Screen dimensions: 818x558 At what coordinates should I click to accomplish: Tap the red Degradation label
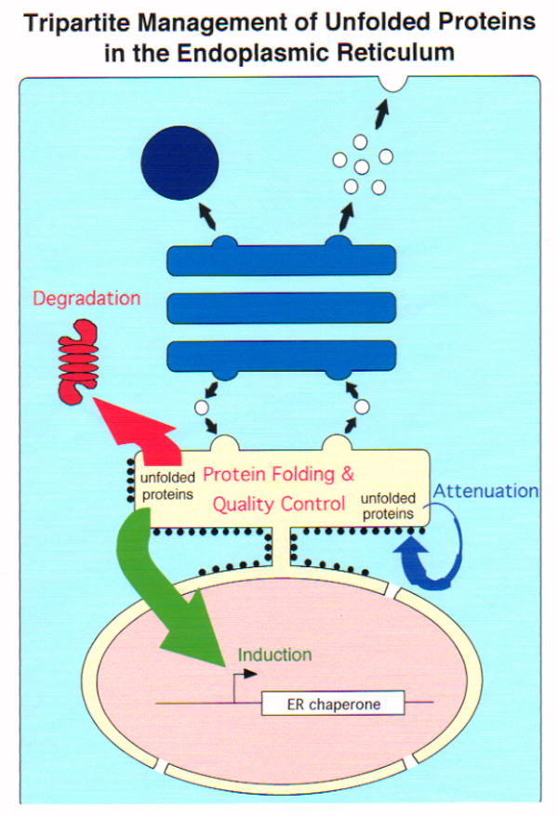[86, 298]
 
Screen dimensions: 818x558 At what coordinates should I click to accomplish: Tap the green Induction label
[274, 654]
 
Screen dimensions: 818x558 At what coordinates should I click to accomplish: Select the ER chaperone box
[334, 703]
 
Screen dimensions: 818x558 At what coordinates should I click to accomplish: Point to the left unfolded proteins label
[167, 486]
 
